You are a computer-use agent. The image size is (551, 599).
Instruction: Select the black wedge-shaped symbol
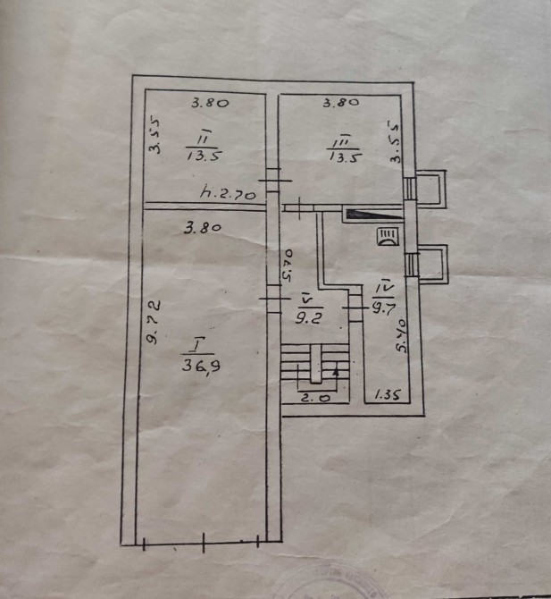[371, 214]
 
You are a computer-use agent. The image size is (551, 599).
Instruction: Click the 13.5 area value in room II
[204, 155]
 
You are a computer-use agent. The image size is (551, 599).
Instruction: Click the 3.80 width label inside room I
[203, 228]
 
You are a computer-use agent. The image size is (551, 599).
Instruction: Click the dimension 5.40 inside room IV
[403, 335]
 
